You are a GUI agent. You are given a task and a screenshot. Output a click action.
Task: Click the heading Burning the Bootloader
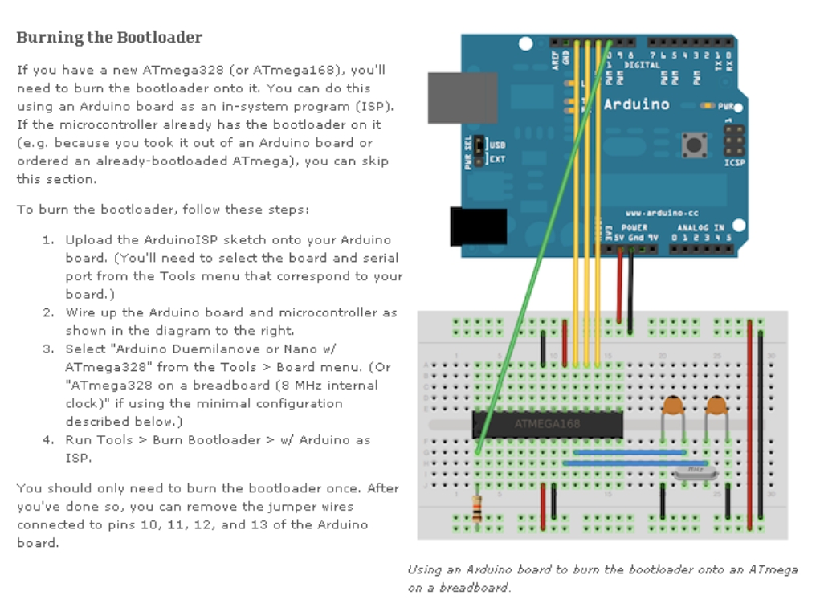[109, 37]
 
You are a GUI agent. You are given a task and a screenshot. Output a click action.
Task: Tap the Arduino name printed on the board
[636, 104]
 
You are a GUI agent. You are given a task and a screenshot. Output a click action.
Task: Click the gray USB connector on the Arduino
[451, 98]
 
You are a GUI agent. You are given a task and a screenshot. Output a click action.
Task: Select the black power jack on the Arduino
[478, 226]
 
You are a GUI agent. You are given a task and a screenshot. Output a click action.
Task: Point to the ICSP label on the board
[734, 162]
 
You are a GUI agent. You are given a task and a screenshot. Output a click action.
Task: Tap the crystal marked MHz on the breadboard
[692, 471]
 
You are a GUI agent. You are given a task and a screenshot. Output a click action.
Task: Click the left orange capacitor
[673, 408]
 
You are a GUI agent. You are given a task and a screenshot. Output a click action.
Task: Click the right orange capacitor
[716, 408]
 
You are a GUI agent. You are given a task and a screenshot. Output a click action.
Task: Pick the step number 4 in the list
[47, 440]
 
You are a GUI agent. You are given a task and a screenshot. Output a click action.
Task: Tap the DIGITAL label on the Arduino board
[642, 65]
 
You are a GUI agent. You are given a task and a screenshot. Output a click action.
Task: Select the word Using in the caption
[425, 569]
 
